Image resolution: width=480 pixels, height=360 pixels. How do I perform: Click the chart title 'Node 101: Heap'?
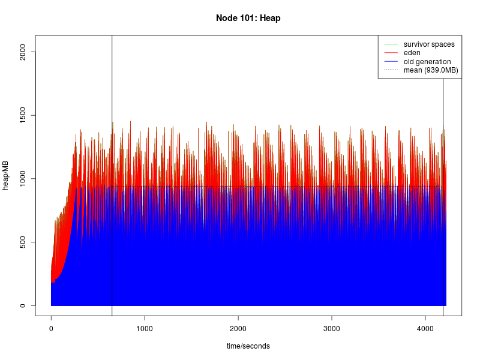248,18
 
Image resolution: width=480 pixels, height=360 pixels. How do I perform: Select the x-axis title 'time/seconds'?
248,346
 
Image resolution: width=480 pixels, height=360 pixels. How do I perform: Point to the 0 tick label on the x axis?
51,329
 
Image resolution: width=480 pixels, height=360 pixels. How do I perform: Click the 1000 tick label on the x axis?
145,329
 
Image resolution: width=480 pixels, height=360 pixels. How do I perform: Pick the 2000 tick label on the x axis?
238,329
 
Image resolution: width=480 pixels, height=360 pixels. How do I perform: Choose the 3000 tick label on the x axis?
332,329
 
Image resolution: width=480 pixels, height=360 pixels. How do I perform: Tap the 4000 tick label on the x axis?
425,329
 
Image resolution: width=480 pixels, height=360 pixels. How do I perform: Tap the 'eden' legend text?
412,53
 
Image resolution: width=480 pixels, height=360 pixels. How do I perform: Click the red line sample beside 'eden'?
391,53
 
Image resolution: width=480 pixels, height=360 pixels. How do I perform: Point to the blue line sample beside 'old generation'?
391,62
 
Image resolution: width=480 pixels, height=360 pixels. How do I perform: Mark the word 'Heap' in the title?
271,18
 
